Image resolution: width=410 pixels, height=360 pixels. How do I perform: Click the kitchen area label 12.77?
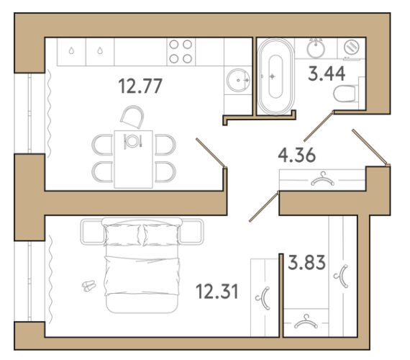coord(140,86)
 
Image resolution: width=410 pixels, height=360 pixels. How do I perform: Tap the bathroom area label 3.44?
coord(327,73)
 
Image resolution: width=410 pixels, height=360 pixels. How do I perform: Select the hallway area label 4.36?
coord(297,155)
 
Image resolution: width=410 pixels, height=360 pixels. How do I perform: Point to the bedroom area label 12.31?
coord(217,292)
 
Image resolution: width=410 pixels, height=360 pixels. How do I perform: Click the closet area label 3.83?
coord(306,262)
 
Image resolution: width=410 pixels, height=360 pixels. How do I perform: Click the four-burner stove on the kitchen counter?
coord(181,52)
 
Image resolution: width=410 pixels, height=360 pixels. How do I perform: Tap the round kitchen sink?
coord(238,80)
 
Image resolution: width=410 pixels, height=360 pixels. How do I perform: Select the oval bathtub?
coord(275,76)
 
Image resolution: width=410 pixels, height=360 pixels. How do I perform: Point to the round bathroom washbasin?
coord(316,48)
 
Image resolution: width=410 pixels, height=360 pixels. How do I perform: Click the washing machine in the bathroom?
coord(351,48)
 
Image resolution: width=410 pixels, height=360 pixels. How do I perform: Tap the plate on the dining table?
coord(132,141)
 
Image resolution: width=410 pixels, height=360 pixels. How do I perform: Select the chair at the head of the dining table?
coord(132,117)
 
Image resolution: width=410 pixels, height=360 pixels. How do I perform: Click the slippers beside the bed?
coord(89,286)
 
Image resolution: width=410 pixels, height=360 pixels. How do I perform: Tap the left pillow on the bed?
coord(122,235)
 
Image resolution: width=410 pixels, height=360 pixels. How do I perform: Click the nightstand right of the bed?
coord(191,232)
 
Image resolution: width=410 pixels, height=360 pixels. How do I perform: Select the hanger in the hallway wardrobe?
coord(322,179)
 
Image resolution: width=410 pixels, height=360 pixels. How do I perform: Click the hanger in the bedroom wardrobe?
coord(265,299)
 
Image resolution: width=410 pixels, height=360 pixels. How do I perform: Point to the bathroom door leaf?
coord(319,127)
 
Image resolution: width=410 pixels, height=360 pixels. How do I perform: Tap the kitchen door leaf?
coord(211,153)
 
